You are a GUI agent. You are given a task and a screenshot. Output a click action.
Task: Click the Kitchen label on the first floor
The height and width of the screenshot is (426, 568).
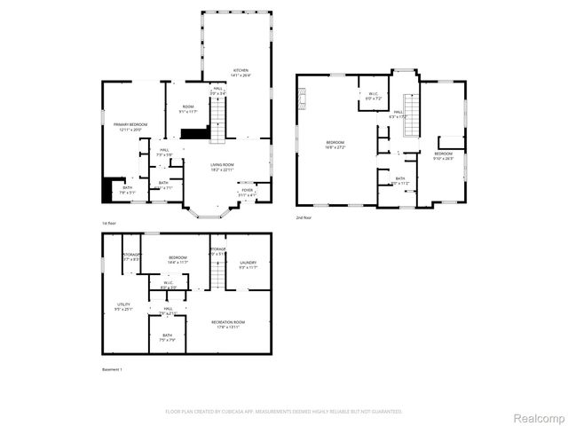pos(241,71)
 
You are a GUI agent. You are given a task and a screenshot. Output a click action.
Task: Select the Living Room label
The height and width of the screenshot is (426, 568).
pos(222,164)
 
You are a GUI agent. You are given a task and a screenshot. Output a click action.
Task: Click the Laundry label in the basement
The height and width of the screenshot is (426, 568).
pos(248,262)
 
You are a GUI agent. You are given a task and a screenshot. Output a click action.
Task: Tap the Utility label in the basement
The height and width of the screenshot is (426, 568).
pos(122,304)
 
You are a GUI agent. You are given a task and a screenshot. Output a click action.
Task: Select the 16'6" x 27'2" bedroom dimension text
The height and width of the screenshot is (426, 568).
pos(335,147)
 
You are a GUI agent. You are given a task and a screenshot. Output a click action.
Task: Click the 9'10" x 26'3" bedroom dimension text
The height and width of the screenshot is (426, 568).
pos(443,159)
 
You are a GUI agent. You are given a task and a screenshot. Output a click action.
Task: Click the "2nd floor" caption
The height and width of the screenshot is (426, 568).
pos(304,217)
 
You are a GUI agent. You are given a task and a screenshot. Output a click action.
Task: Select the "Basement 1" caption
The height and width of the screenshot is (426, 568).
pos(112,369)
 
